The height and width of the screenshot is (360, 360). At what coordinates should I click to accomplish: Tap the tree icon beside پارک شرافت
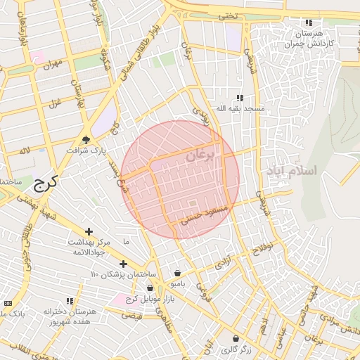tap(86, 139)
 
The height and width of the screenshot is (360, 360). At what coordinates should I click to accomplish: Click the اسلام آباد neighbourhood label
tap(292, 171)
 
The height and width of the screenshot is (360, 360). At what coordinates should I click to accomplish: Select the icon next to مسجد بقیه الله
tap(240, 98)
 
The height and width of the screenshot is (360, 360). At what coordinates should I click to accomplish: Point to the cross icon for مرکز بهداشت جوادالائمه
tap(89, 231)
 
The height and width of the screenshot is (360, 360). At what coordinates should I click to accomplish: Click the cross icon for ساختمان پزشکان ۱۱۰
tap(124, 264)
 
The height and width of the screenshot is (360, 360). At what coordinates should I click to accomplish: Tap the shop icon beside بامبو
tap(177, 274)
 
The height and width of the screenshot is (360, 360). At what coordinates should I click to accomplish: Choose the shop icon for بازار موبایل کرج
tap(150, 288)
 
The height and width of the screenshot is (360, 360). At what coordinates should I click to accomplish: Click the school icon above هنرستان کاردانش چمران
tap(308, 23)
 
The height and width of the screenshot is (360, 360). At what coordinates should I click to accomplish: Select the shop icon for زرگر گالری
tap(236, 338)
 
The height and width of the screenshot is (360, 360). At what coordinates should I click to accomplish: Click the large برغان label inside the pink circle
tap(203, 154)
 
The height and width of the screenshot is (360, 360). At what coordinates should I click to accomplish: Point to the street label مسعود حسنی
tap(205, 214)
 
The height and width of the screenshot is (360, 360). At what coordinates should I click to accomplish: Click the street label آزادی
tap(223, 262)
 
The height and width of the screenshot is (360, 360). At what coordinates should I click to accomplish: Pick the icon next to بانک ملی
tap(8, 303)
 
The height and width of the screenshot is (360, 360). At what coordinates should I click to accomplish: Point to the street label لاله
tap(25, 150)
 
